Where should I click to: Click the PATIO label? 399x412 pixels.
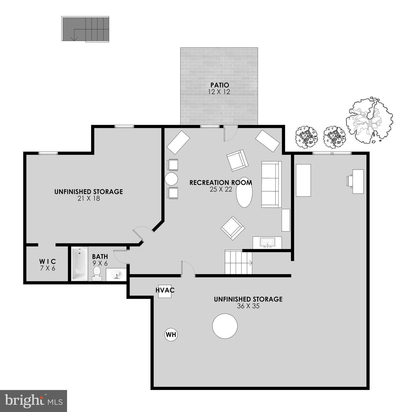pos(219,85)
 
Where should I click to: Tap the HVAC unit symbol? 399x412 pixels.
pos(165,291)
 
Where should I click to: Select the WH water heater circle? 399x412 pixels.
pos(171,334)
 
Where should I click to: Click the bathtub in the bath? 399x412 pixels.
pos(80,264)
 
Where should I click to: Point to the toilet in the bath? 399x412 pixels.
pos(97,273)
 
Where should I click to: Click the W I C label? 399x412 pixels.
pos(47,261)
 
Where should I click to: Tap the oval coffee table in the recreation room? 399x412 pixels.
pos(244,192)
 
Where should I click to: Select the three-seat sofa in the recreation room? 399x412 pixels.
pos(271,184)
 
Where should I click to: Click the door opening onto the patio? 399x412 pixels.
pos(230,133)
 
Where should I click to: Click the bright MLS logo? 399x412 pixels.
pos(34,401)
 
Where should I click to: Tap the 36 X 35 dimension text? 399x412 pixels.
pos(248,306)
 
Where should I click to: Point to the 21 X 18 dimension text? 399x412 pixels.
pos(88,198)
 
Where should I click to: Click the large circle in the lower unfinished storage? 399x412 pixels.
pos(225,326)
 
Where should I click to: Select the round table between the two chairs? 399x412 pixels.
pos(171,179)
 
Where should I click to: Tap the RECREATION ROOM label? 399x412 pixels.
pos(221,183)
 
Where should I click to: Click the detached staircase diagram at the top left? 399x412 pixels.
pos(85,29)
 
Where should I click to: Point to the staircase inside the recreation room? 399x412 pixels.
pos(238,262)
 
